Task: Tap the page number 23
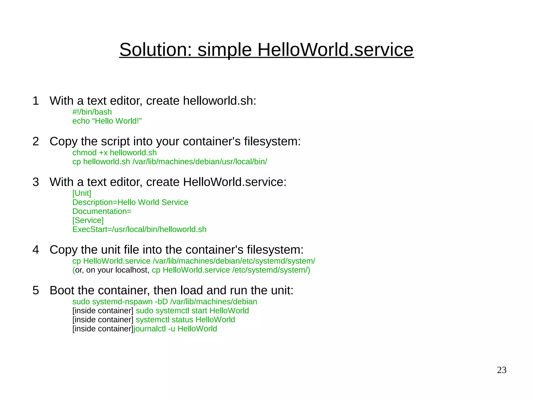click(x=502, y=370)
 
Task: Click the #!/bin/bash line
click(x=92, y=112)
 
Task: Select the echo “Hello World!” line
click(x=107, y=121)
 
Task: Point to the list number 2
click(x=36, y=141)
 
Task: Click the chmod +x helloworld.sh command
click(x=114, y=153)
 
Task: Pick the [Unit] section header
click(x=81, y=193)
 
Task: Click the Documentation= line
click(x=102, y=211)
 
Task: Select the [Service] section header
click(x=88, y=220)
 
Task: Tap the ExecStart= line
click(x=139, y=229)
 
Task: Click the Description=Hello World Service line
click(x=130, y=202)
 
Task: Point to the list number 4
click(x=36, y=250)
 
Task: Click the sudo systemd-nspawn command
click(x=164, y=302)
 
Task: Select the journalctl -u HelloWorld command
click(x=175, y=329)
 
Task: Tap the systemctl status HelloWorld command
click(x=185, y=320)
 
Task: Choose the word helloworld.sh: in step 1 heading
click(x=219, y=101)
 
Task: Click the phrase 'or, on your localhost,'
click(x=112, y=270)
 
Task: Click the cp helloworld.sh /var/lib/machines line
click(x=169, y=162)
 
